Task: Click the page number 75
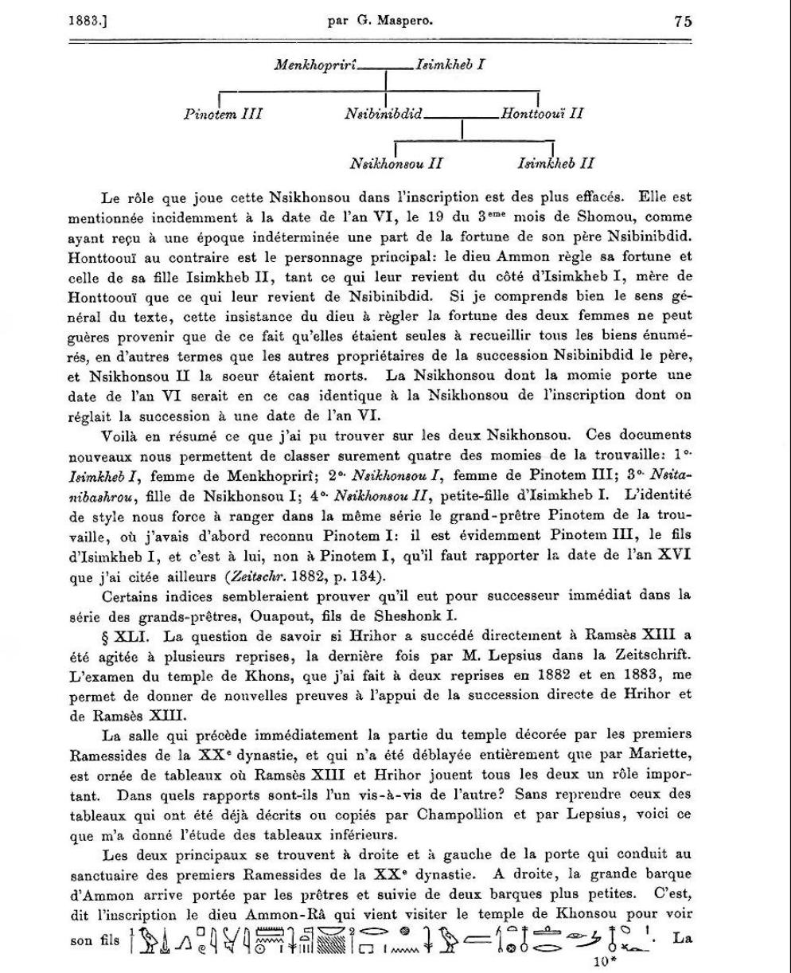click(682, 21)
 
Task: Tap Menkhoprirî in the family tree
click(316, 63)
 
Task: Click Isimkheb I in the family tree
click(451, 63)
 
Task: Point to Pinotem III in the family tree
click(223, 113)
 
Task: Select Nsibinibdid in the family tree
click(383, 113)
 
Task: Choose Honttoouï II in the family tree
click(542, 113)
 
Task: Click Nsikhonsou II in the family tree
click(395, 164)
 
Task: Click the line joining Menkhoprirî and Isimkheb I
click(386, 70)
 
